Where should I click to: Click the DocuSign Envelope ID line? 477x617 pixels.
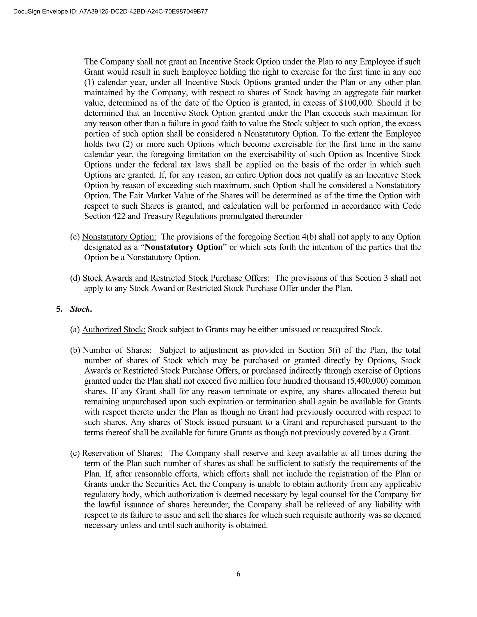(x=111, y=11)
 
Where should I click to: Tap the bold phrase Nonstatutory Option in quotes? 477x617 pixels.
(x=184, y=247)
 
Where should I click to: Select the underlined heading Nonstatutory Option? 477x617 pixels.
(x=119, y=237)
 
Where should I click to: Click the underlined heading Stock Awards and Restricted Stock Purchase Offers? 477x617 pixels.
(x=176, y=278)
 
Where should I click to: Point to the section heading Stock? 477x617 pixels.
(x=81, y=309)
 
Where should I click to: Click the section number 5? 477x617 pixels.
(x=59, y=309)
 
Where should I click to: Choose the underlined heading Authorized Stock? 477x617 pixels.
(x=114, y=330)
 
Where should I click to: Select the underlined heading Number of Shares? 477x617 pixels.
(x=117, y=350)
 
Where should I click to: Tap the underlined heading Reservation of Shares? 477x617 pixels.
(x=122, y=453)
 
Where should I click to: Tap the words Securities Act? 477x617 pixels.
(x=171, y=484)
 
